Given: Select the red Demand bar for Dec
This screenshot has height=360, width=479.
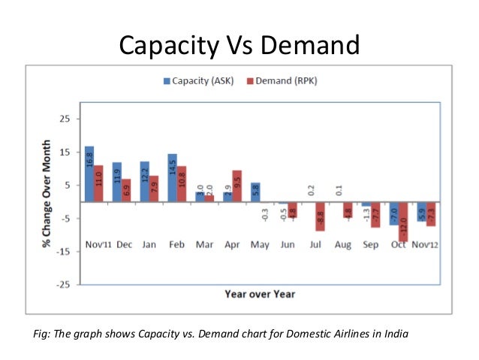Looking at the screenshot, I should (x=126, y=190).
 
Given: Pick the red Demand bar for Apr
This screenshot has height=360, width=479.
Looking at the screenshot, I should (x=236, y=186).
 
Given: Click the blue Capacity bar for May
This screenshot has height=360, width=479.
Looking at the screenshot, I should (x=255, y=192).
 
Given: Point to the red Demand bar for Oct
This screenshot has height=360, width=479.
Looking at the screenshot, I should (x=403, y=221).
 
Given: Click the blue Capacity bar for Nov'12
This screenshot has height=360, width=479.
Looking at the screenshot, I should (x=421, y=211).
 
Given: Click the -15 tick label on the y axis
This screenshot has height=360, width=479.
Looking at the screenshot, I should (x=62, y=252).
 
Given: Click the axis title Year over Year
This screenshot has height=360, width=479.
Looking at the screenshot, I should (x=260, y=294).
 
